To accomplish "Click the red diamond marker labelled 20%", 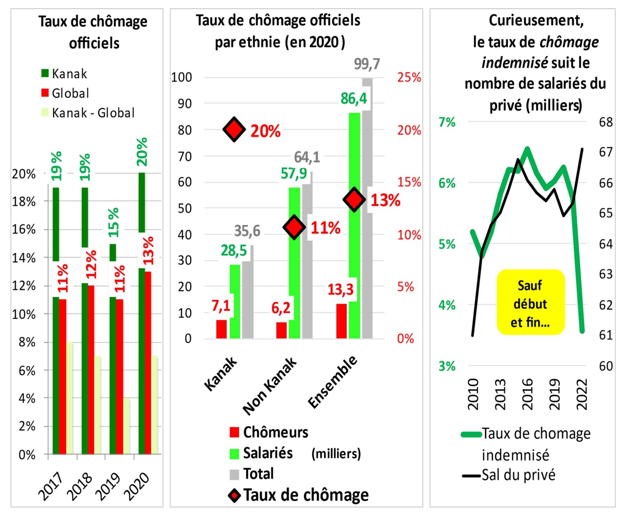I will click(x=234, y=129).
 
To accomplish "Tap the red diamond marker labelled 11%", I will click(x=294, y=227).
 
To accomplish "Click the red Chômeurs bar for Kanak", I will click(x=221, y=329).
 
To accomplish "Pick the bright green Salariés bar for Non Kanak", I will click(x=294, y=263).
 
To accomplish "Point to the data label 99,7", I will click(x=367, y=64).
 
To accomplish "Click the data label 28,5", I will click(x=234, y=251).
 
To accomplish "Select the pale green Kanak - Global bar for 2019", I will click(x=126, y=426).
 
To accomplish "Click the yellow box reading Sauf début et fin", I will click(x=530, y=302).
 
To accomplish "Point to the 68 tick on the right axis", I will click(x=606, y=122).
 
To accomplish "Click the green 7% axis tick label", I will click(x=447, y=122).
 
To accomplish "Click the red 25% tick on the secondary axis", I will click(x=409, y=77).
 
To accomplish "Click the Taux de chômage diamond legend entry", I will click(x=299, y=495).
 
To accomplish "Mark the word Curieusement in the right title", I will click(x=536, y=21).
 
